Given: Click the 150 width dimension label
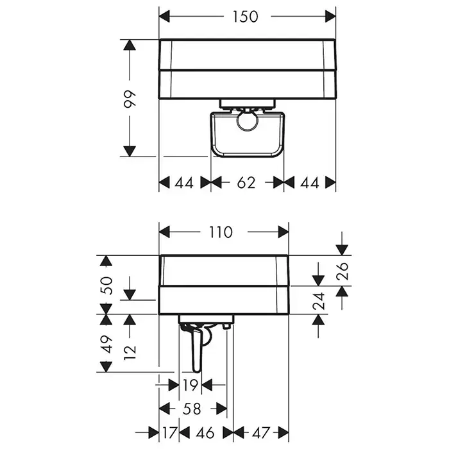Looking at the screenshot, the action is point(245,16).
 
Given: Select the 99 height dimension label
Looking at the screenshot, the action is point(130,99).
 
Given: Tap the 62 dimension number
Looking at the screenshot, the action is point(246,183).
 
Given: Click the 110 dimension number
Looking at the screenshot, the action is point(221,232).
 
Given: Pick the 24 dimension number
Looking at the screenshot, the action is point(319,301).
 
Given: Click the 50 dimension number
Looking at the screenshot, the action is point(106,285).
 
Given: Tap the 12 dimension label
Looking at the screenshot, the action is point(130,352).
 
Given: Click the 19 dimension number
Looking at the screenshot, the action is point(190,385).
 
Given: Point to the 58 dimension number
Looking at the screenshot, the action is point(192,409).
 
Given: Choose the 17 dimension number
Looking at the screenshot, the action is point(169,432).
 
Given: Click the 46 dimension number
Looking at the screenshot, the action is point(205,432).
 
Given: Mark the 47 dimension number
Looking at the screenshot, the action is point(261,432).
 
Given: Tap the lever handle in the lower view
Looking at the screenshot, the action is point(198,351).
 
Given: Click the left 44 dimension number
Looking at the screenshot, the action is point(184,183).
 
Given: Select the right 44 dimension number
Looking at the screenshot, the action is point(310,183).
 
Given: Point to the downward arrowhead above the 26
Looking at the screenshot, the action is point(342,250).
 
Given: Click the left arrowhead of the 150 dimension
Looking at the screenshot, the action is point(164,16).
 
